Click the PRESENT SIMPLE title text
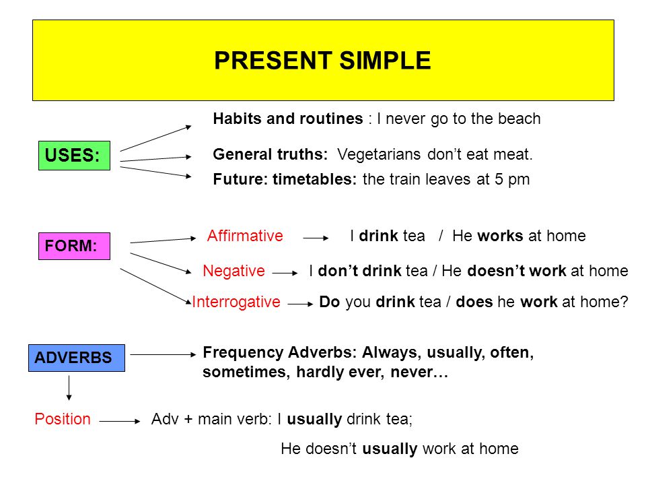pyautogui.click(x=322, y=61)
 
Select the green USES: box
pyautogui.click(x=73, y=156)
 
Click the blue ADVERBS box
pyautogui.click(x=76, y=358)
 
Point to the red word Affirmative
pyautogui.click(x=245, y=236)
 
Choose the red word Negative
pyautogui.click(x=234, y=271)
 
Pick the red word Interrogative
pyautogui.click(x=236, y=302)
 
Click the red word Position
pyautogui.click(x=62, y=419)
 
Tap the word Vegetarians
pyautogui.click(x=380, y=154)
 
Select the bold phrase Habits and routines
pyautogui.click(x=288, y=119)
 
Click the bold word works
pyautogui.click(x=501, y=236)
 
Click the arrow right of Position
pyautogui.click(x=119, y=421)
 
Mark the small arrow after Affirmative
pyautogui.click(x=315, y=238)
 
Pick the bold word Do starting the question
pyautogui.click(x=329, y=302)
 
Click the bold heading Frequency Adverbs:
pyautogui.click(x=280, y=353)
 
